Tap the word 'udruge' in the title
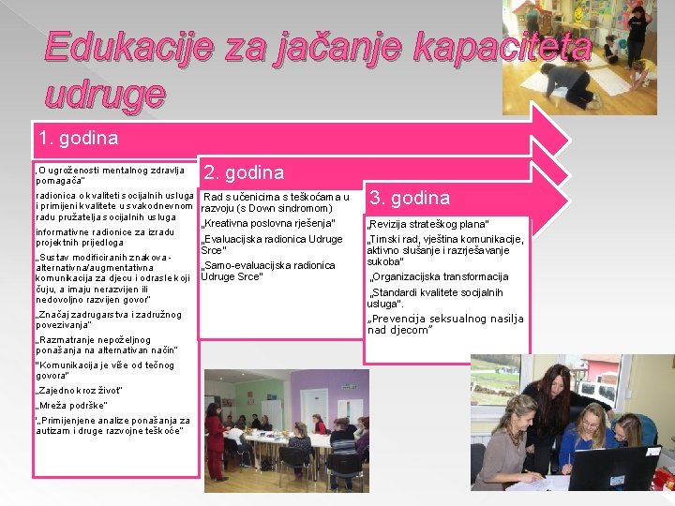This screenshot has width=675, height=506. click(105, 93)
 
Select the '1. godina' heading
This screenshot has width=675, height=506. click(79, 139)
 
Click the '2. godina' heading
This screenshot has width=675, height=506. click(244, 172)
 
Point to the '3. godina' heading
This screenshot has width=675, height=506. click(411, 198)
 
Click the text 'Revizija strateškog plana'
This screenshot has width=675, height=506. click(427, 225)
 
